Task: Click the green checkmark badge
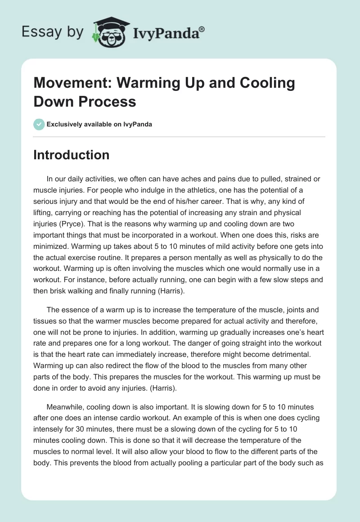pos(39,124)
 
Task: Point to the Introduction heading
pos(72,155)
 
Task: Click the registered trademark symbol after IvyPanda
pos(202,29)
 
